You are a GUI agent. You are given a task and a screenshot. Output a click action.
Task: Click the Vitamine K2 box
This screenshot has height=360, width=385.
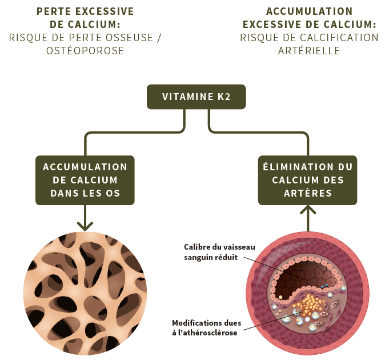tap(196, 97)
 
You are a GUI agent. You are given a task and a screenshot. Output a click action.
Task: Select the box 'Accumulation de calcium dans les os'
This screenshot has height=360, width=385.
tap(85, 180)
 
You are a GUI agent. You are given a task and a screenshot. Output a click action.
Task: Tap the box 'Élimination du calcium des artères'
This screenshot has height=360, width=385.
tap(307, 180)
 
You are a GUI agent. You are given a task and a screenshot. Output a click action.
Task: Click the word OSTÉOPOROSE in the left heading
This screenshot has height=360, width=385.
tap(85, 51)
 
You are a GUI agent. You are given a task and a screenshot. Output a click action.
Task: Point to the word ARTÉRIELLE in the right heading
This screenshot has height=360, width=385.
tap(309, 51)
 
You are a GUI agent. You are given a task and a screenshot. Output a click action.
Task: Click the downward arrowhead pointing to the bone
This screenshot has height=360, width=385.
tap(85, 225)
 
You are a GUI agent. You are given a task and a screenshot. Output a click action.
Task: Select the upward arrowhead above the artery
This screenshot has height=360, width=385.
tap(307, 210)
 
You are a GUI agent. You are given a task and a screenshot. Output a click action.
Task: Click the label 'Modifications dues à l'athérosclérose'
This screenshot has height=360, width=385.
tap(206, 327)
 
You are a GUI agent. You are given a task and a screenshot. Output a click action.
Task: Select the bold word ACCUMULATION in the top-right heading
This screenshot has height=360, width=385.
tap(309, 11)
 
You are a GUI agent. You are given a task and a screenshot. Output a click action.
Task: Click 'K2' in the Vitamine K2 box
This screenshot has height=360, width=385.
tap(223, 97)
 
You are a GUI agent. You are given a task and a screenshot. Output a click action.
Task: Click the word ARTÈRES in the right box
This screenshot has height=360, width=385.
tap(307, 193)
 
